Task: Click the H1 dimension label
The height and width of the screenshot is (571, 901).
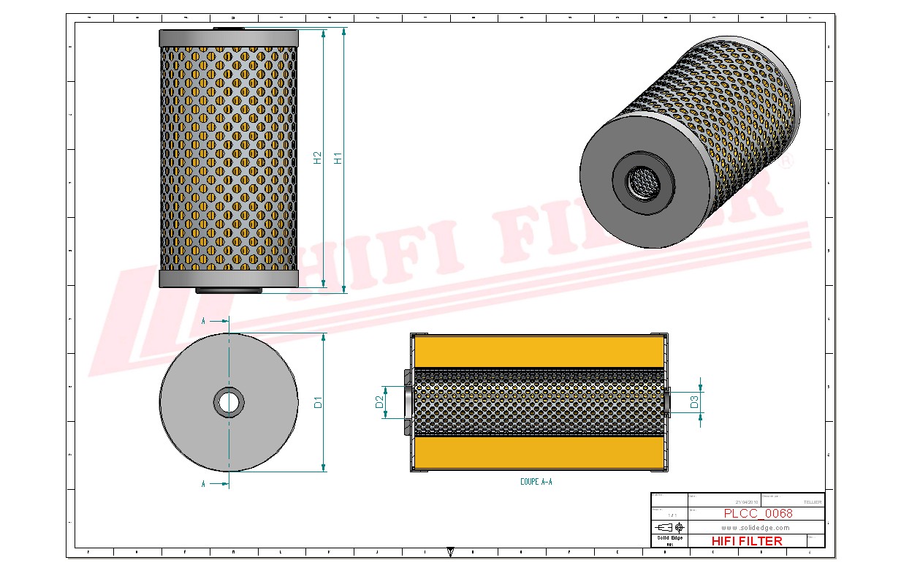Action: pos(338,157)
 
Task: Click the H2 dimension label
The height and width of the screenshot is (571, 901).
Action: pos(318,157)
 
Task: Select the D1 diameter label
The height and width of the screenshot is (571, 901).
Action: pos(319,402)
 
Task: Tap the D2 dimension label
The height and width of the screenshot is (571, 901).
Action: pos(379,402)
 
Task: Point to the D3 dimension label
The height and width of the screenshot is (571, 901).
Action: pos(694,401)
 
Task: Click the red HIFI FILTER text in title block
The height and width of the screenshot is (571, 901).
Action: pos(746,541)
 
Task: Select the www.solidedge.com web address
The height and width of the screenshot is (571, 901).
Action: pos(756,527)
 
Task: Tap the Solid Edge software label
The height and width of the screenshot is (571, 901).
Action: pos(669,537)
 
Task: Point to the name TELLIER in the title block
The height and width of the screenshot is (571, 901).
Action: pos(812,502)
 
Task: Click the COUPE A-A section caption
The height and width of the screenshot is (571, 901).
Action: pos(536,482)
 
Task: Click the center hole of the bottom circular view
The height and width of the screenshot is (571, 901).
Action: pos(229,402)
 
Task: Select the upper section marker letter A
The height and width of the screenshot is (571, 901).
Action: pos(203,320)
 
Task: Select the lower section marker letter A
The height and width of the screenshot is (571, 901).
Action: pos(203,483)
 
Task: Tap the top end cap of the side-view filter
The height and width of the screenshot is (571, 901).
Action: pos(229,38)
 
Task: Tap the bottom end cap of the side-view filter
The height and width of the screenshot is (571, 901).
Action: pos(229,279)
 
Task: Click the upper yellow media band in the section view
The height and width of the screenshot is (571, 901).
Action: pos(539,352)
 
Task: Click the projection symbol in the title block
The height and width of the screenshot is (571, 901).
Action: pos(669,527)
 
